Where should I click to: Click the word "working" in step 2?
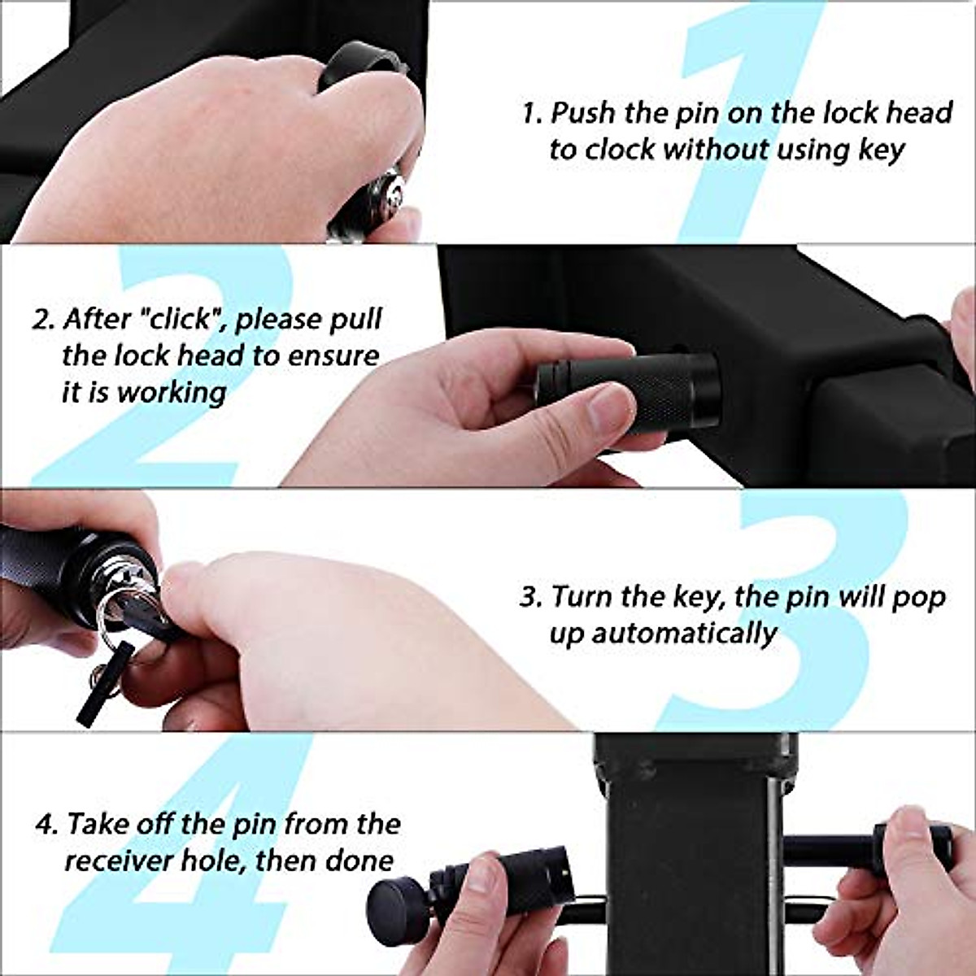coord(172,392)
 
